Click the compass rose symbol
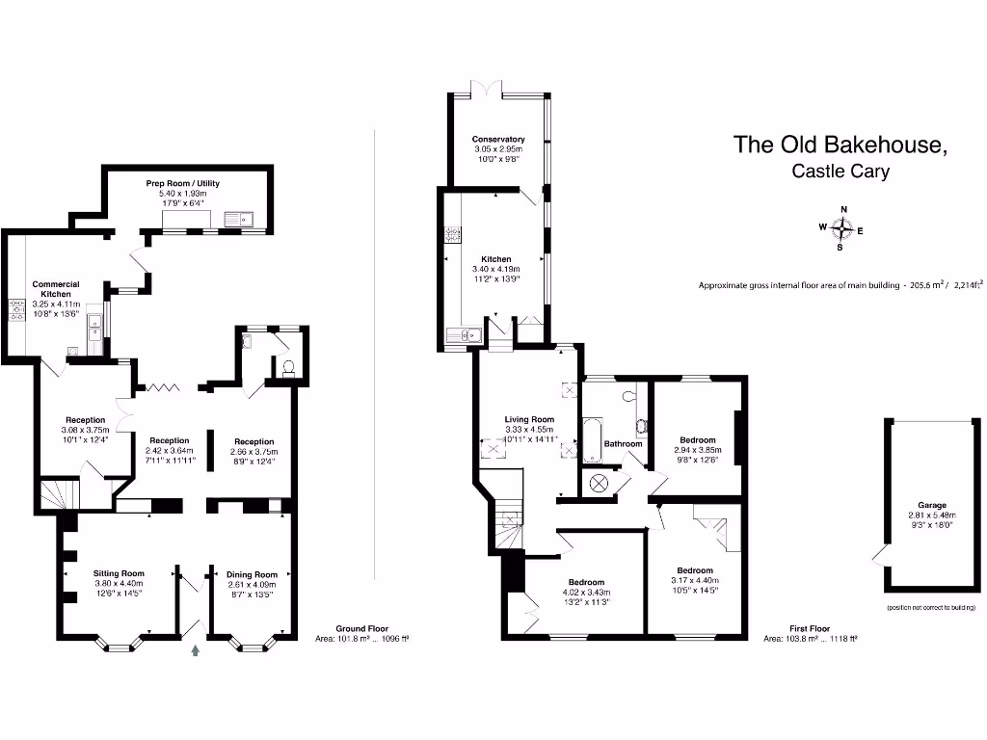(x=842, y=228)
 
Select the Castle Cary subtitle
(x=840, y=172)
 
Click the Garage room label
(x=931, y=505)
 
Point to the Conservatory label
(x=497, y=140)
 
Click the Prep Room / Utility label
(x=182, y=182)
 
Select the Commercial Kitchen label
(x=56, y=289)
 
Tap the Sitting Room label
(x=119, y=573)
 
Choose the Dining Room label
(x=251, y=574)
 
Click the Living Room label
(x=529, y=419)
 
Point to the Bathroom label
(x=623, y=444)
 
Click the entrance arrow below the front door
(x=198, y=651)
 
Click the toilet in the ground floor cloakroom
(x=287, y=368)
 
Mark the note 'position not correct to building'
(x=931, y=608)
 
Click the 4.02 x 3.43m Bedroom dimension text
(x=585, y=593)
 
